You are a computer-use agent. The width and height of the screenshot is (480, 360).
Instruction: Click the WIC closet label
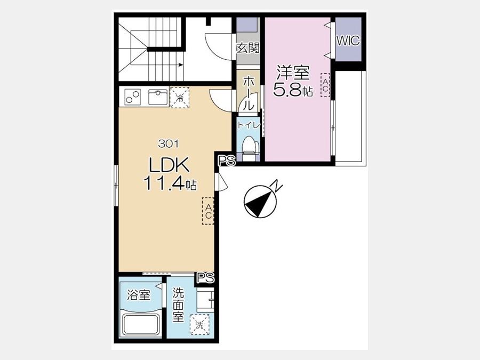[348, 41]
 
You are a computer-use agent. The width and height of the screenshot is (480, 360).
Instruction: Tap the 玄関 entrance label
[248, 48]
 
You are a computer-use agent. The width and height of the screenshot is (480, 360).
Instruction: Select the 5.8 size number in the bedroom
[287, 90]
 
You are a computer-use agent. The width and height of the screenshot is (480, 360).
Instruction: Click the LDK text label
[169, 166]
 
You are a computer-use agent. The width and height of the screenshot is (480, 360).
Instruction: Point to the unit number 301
[169, 143]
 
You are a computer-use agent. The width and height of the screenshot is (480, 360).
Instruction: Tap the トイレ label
[249, 125]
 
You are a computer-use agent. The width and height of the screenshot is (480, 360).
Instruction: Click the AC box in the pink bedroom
[325, 85]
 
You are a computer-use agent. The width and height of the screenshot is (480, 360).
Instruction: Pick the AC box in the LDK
[208, 211]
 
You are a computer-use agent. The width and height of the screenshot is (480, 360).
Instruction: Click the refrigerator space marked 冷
[180, 98]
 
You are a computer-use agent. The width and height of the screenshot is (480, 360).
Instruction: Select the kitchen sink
[158, 97]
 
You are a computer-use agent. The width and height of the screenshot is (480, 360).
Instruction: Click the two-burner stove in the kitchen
[133, 97]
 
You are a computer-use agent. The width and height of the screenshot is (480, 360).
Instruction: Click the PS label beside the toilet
[227, 161]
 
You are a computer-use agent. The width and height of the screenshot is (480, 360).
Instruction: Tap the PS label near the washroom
[205, 278]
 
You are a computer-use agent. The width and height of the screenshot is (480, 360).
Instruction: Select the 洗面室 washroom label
[178, 305]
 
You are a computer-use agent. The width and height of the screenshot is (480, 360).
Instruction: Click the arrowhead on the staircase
[181, 65]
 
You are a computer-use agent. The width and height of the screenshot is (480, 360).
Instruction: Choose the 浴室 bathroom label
[139, 295]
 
